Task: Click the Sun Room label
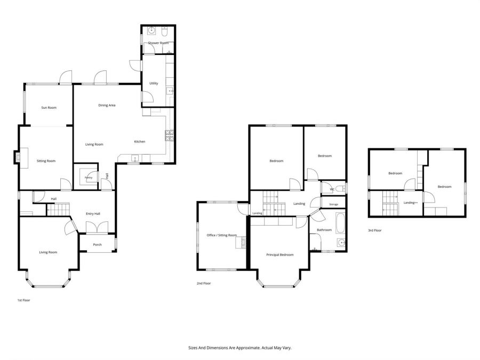pyautogui.click(x=49, y=108)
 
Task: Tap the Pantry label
pyautogui.click(x=89, y=178)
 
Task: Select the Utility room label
pyautogui.click(x=154, y=83)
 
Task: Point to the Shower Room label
pyautogui.click(x=158, y=43)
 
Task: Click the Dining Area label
pyautogui.click(x=107, y=105)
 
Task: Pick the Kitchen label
pyautogui.click(x=140, y=142)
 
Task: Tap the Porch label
pyautogui.click(x=98, y=245)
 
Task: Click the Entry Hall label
pyautogui.click(x=93, y=214)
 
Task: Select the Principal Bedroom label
pyautogui.click(x=280, y=255)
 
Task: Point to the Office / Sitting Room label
pyautogui.click(x=222, y=235)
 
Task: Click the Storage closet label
pyautogui.click(x=334, y=204)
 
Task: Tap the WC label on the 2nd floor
pyautogui.click(x=332, y=189)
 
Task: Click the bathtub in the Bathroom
pyautogui.click(x=340, y=223)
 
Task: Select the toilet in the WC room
pyautogui.click(x=340, y=189)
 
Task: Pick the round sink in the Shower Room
pyautogui.click(x=151, y=30)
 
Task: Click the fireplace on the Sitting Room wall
pyautogui.click(x=18, y=157)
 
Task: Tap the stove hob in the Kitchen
pyautogui.click(x=170, y=135)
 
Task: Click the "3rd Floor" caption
pyautogui.click(x=375, y=230)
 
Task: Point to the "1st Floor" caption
pyautogui.click(x=23, y=300)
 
